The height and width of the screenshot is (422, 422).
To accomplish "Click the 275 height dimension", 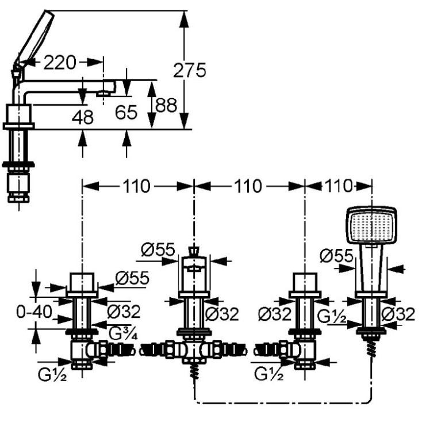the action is (190, 71).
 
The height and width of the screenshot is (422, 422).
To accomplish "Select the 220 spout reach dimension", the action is (60, 63).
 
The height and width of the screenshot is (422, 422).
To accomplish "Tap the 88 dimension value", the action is (166, 105).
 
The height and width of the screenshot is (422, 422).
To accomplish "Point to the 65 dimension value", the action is (126, 112).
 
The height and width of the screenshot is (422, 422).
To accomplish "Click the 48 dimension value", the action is (83, 117).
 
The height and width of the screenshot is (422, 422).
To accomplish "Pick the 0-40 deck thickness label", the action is (34, 312).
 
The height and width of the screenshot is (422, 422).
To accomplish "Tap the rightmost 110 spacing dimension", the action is (338, 186).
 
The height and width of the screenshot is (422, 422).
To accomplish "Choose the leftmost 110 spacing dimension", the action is (136, 186).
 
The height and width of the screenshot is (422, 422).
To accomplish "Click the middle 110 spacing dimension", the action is (248, 186).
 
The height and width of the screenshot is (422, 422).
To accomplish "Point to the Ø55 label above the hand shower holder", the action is (336, 255).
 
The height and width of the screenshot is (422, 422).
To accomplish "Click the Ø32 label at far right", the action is (398, 314).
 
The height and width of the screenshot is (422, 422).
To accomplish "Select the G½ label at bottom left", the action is (52, 374).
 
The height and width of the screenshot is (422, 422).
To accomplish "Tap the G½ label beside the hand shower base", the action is (332, 316).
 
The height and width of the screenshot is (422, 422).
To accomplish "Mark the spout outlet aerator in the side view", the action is (104, 94).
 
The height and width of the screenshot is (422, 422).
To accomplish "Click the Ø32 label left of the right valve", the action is (274, 314).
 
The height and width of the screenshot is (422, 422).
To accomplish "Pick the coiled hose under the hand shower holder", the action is (371, 348).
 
